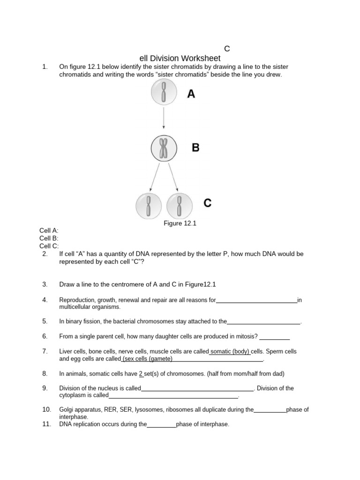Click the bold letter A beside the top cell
(x=191, y=94)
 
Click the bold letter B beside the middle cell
(x=195, y=148)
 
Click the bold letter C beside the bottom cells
(x=207, y=203)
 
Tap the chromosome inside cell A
(x=164, y=92)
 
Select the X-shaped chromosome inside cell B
(x=164, y=149)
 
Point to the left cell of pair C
(x=149, y=206)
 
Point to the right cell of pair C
(x=179, y=206)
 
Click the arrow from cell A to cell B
(x=164, y=118)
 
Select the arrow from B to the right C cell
(x=172, y=177)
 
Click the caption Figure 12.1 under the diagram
(x=180, y=223)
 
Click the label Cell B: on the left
(x=49, y=238)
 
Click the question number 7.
(x=45, y=351)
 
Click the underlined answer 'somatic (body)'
(x=230, y=351)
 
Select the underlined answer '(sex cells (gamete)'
(x=147, y=359)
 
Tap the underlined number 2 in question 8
(x=141, y=374)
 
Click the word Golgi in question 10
(x=67, y=410)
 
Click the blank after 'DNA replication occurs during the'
(x=162, y=424)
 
